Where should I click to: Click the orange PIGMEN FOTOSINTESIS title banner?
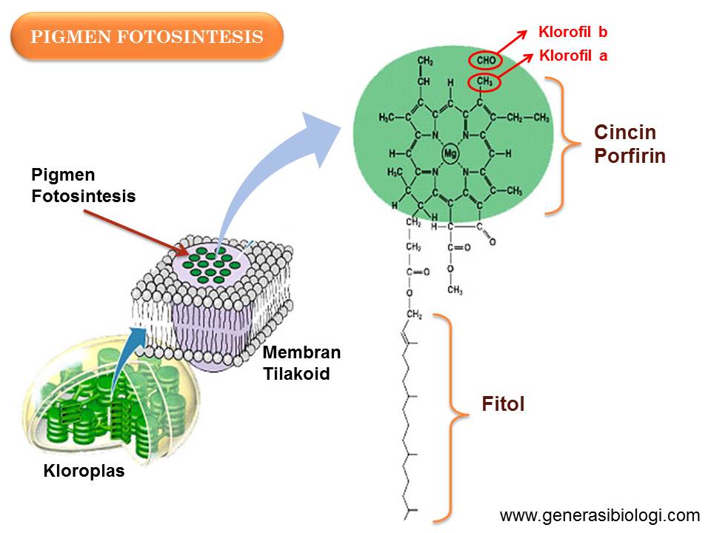point(147,36)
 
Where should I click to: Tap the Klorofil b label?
point(573,32)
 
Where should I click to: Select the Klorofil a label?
point(573,55)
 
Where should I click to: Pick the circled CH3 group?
point(485,81)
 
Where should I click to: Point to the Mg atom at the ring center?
point(450,153)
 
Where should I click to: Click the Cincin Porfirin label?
point(629,144)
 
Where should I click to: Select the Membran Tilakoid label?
point(296,363)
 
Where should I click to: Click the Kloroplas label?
point(84,470)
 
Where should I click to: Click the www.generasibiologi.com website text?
point(600,515)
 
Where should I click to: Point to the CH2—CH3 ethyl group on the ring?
point(528,118)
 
